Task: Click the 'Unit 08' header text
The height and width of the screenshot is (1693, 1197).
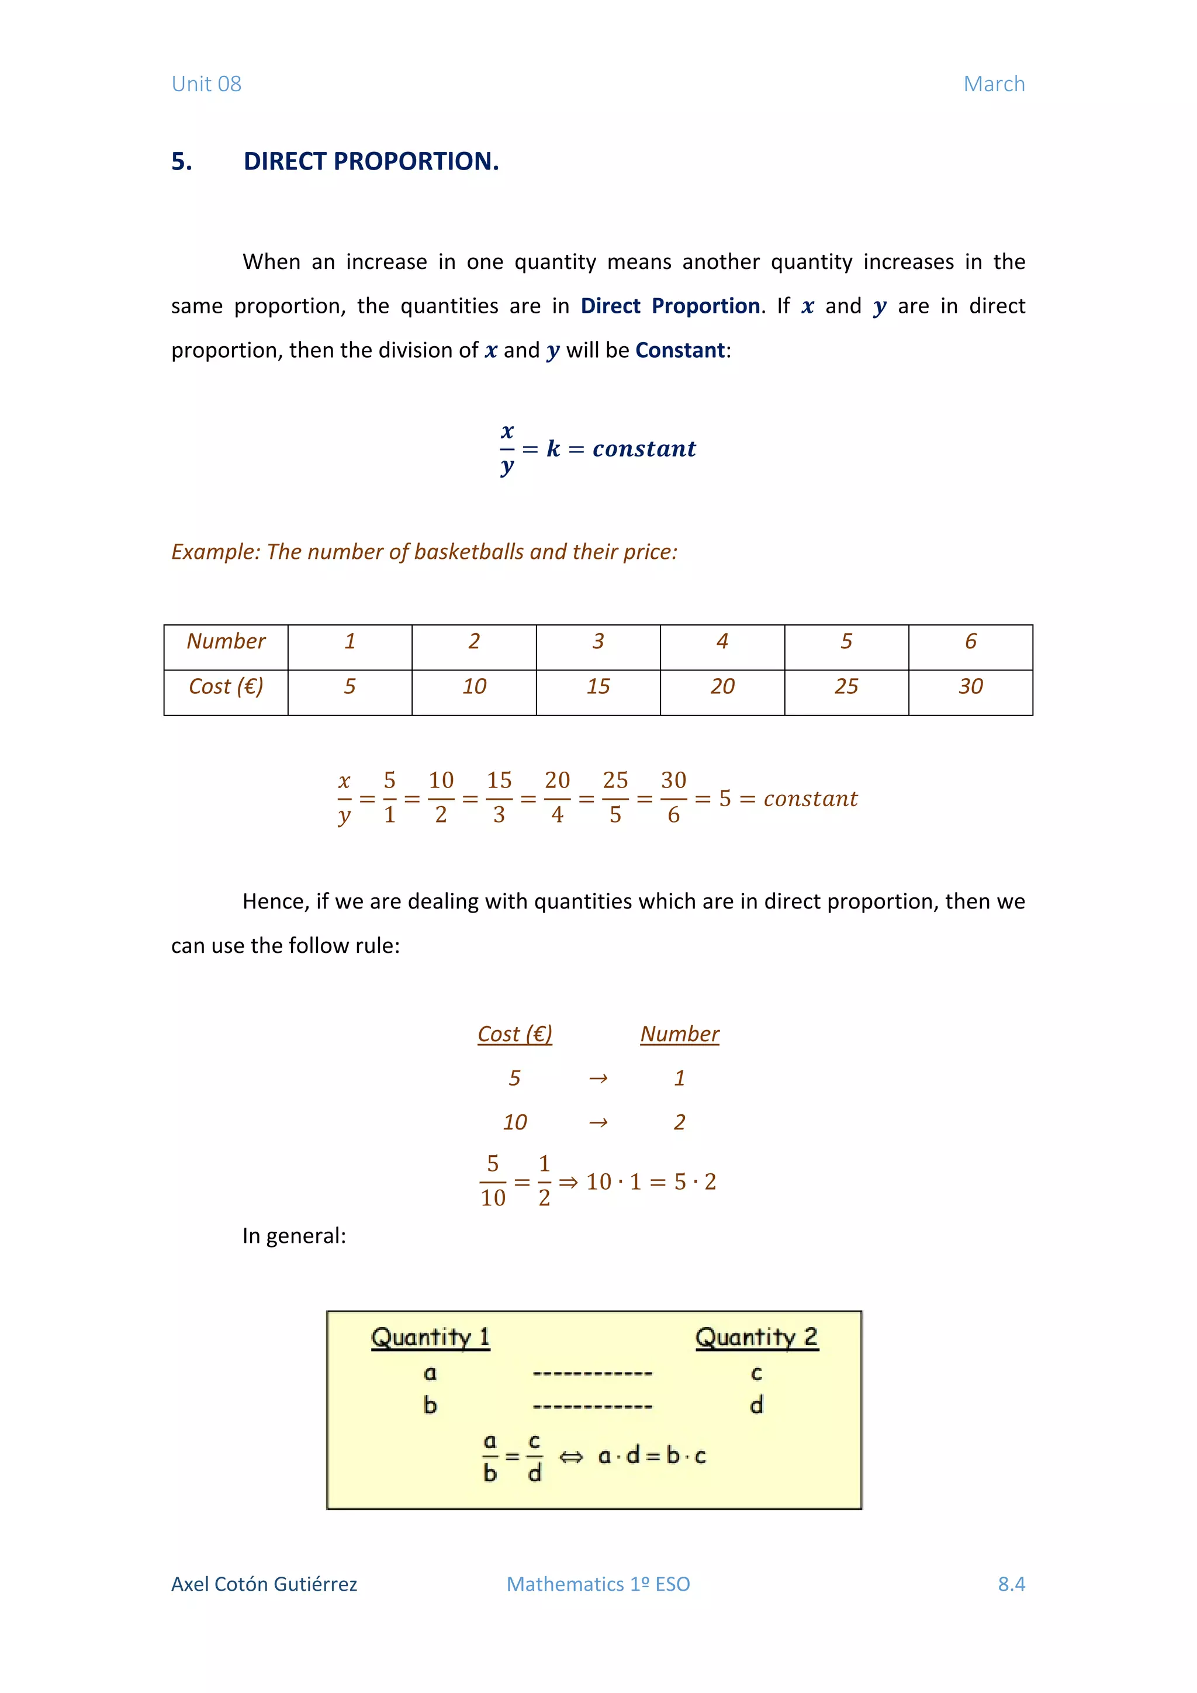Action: [206, 84]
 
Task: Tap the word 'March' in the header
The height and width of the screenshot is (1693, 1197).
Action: [994, 84]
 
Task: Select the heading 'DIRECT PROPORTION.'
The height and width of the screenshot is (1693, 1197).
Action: [371, 161]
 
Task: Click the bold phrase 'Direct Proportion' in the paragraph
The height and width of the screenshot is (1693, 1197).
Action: [669, 306]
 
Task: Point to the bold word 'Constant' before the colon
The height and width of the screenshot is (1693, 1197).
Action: [680, 350]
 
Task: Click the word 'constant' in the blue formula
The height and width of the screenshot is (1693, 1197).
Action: [644, 448]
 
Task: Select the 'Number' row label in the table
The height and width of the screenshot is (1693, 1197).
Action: [226, 641]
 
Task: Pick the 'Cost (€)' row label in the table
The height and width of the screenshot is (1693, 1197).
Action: [226, 686]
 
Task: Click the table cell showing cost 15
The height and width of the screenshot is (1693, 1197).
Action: [598, 686]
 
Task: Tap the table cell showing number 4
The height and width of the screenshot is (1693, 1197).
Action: [722, 641]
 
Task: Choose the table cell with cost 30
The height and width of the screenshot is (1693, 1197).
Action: [970, 686]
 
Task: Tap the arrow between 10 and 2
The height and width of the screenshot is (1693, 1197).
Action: [598, 1122]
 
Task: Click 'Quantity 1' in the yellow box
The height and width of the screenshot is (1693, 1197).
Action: [430, 1337]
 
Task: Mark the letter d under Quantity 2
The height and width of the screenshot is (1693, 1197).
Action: [756, 1405]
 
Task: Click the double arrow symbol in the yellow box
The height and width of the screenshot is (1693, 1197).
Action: [570, 1456]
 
